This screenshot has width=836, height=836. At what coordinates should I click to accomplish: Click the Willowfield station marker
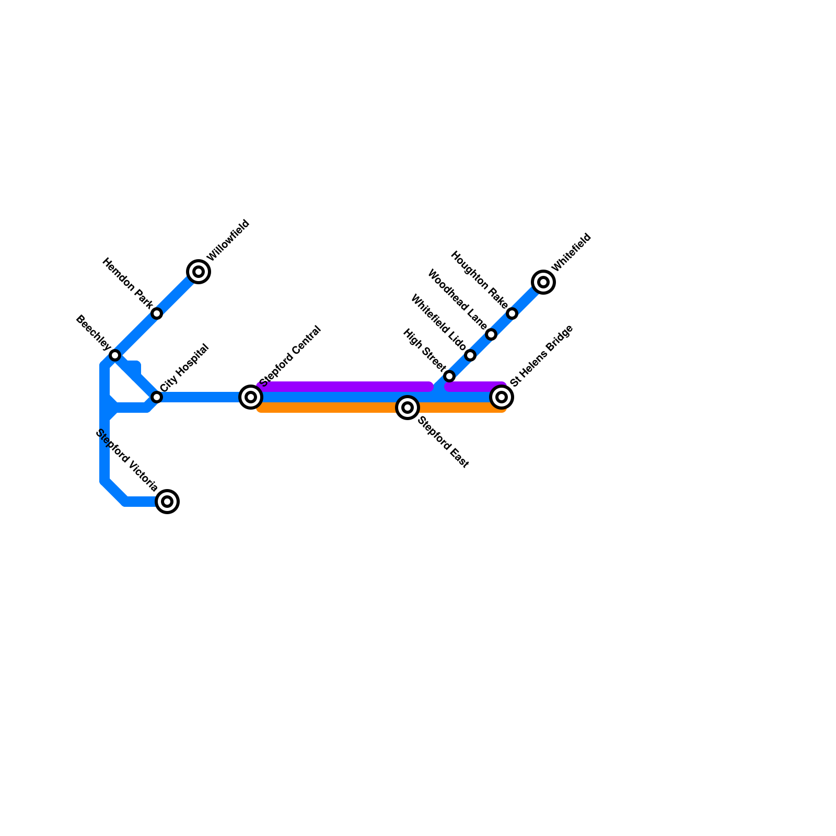tap(199, 272)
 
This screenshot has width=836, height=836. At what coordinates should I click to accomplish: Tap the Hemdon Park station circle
tap(157, 313)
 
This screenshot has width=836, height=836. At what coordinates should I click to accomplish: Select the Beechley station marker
tap(115, 355)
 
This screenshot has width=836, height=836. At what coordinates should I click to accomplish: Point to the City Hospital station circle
tap(157, 397)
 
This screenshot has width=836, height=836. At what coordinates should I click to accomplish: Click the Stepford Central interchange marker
tap(251, 397)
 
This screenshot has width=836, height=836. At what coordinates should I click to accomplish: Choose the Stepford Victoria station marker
tap(167, 502)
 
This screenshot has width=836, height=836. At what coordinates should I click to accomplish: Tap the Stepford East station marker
tap(408, 408)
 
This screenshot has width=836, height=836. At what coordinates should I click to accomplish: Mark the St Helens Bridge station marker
tap(502, 397)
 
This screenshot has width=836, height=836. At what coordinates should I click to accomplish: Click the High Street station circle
tap(449, 376)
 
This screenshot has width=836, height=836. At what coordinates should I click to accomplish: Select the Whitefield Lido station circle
tap(470, 355)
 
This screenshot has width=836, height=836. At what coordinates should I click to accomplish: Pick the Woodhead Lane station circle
tap(491, 334)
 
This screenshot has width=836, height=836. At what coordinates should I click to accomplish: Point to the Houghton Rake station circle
tap(512, 313)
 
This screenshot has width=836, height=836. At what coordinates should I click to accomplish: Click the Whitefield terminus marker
tap(543, 282)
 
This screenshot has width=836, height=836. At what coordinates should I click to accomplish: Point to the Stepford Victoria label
tap(127, 460)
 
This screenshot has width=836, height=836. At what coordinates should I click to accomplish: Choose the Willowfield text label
tap(228, 240)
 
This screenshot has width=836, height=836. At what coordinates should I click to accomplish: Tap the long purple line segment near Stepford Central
tap(345, 387)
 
